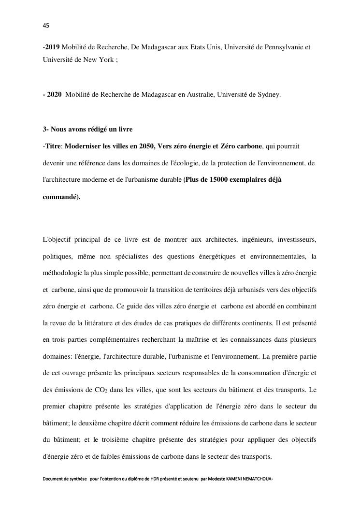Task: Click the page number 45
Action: [46, 25]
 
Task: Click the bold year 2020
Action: [54, 95]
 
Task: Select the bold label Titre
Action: [54, 146]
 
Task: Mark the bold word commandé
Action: [60, 197]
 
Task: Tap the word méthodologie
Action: [62, 273]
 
